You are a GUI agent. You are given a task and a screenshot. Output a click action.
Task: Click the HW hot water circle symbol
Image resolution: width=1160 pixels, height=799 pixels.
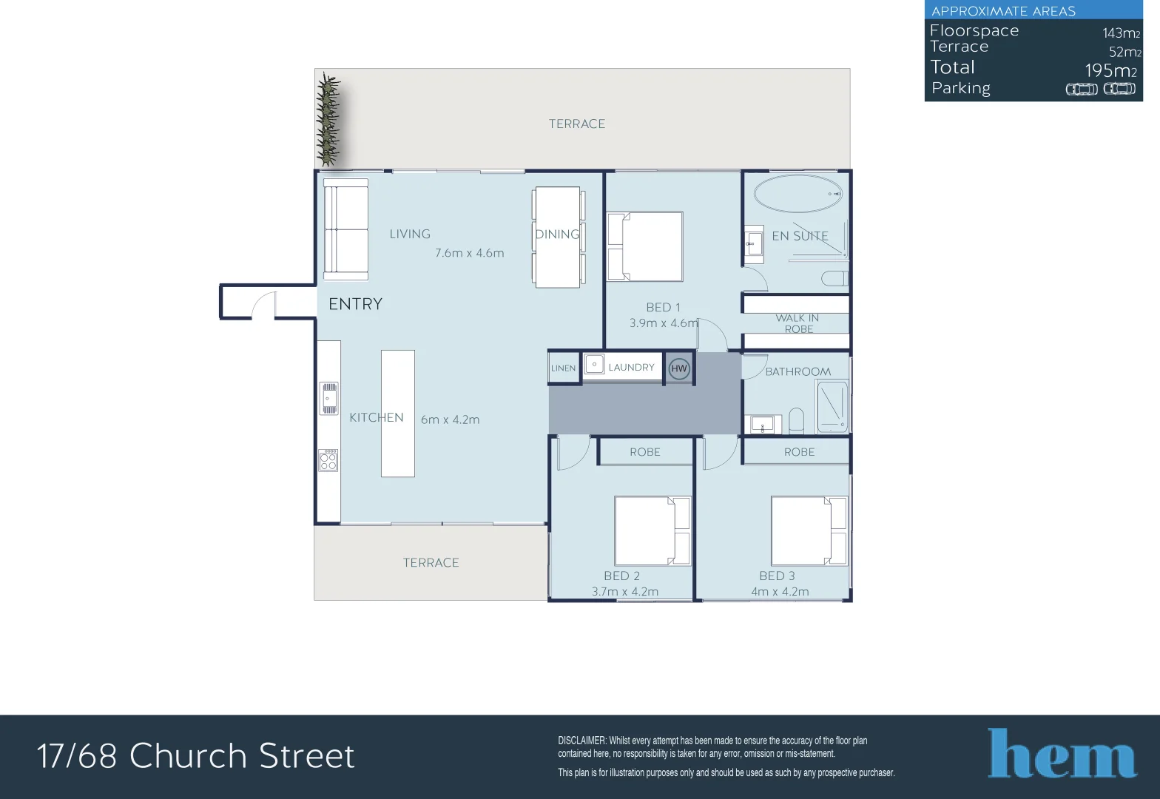point(678,368)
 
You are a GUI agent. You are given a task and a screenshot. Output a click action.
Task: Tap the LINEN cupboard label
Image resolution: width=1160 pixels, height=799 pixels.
point(563,368)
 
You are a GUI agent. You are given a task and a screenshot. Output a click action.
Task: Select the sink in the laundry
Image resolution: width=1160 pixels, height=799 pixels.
point(594,365)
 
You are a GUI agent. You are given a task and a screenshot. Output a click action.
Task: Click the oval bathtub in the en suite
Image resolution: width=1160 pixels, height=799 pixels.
point(797,194)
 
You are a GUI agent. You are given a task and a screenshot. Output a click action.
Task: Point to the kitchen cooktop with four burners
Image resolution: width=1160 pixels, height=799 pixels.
point(328,460)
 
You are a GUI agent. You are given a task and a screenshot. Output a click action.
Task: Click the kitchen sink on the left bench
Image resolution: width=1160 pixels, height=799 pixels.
point(328,398)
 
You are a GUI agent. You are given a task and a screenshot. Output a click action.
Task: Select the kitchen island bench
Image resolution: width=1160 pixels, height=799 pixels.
point(397,414)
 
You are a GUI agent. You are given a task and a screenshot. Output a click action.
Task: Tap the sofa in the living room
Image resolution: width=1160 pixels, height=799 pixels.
point(345,229)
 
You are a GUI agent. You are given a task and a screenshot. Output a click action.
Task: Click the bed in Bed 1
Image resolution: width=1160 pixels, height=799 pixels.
point(644,246)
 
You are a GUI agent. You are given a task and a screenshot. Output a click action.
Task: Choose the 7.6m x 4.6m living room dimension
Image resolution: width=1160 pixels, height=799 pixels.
point(469,253)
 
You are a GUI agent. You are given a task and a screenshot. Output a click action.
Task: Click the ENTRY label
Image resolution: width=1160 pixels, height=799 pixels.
point(355,304)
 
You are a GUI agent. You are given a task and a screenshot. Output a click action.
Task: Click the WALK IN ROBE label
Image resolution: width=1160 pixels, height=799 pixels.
point(797,323)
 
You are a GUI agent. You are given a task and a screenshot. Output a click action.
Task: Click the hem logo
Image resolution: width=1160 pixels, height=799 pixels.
point(1062,754)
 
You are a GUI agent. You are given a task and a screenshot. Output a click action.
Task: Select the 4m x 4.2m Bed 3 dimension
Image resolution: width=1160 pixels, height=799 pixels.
point(780,592)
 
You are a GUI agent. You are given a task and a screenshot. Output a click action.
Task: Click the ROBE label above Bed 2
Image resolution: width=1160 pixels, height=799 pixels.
point(644,452)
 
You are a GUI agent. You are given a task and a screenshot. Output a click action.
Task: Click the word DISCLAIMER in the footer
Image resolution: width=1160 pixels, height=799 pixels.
point(581,741)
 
